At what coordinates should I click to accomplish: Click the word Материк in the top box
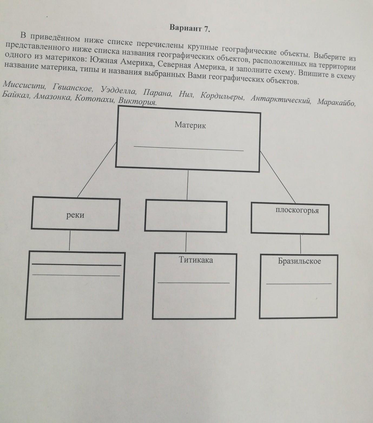[x=190, y=125]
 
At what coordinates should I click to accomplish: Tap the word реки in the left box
[x=75, y=215]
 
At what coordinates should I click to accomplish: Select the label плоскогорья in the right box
[x=297, y=210]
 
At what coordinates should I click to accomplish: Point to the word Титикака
[x=196, y=260]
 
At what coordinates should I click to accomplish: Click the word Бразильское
[x=299, y=261]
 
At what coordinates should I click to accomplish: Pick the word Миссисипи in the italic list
[x=25, y=86]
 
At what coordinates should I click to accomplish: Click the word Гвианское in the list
[x=73, y=88]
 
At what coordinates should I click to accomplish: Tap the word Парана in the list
[x=157, y=93]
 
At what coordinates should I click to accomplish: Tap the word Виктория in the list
[x=138, y=102]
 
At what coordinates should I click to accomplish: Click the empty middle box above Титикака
[x=186, y=216]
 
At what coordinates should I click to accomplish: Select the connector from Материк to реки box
[x=97, y=169]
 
